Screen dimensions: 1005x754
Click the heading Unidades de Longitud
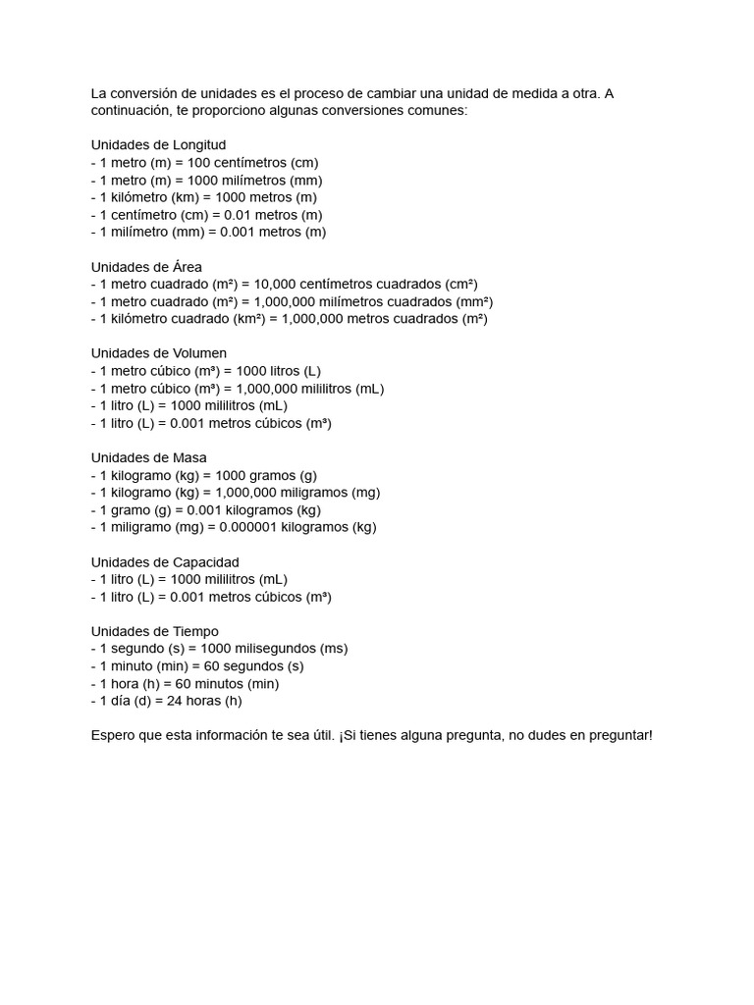[158, 145]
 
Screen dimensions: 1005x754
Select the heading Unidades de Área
[146, 267]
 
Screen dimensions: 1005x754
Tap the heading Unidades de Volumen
[158, 353]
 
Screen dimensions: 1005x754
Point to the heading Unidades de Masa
[149, 457]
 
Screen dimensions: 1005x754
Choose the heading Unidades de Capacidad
[165, 562]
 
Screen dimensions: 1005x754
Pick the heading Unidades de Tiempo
[155, 631]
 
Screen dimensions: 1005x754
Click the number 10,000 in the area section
[275, 285]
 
